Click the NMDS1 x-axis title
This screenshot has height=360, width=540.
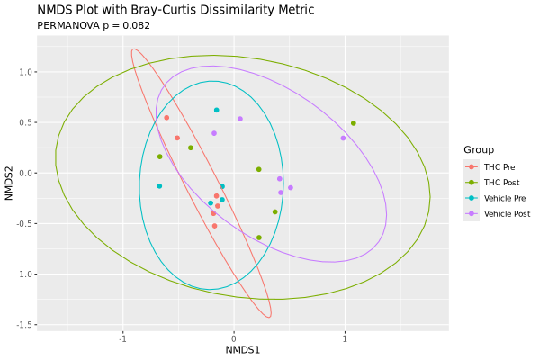(x=242, y=349)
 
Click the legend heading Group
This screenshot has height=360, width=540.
(x=478, y=149)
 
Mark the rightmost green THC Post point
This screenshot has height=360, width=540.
(x=354, y=123)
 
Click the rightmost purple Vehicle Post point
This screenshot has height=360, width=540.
(x=343, y=139)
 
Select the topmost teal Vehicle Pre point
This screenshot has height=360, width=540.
(x=217, y=111)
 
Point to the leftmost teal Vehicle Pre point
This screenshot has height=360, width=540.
(x=159, y=186)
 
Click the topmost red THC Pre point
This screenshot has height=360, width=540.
(x=166, y=118)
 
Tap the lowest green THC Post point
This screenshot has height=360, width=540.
(x=259, y=238)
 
